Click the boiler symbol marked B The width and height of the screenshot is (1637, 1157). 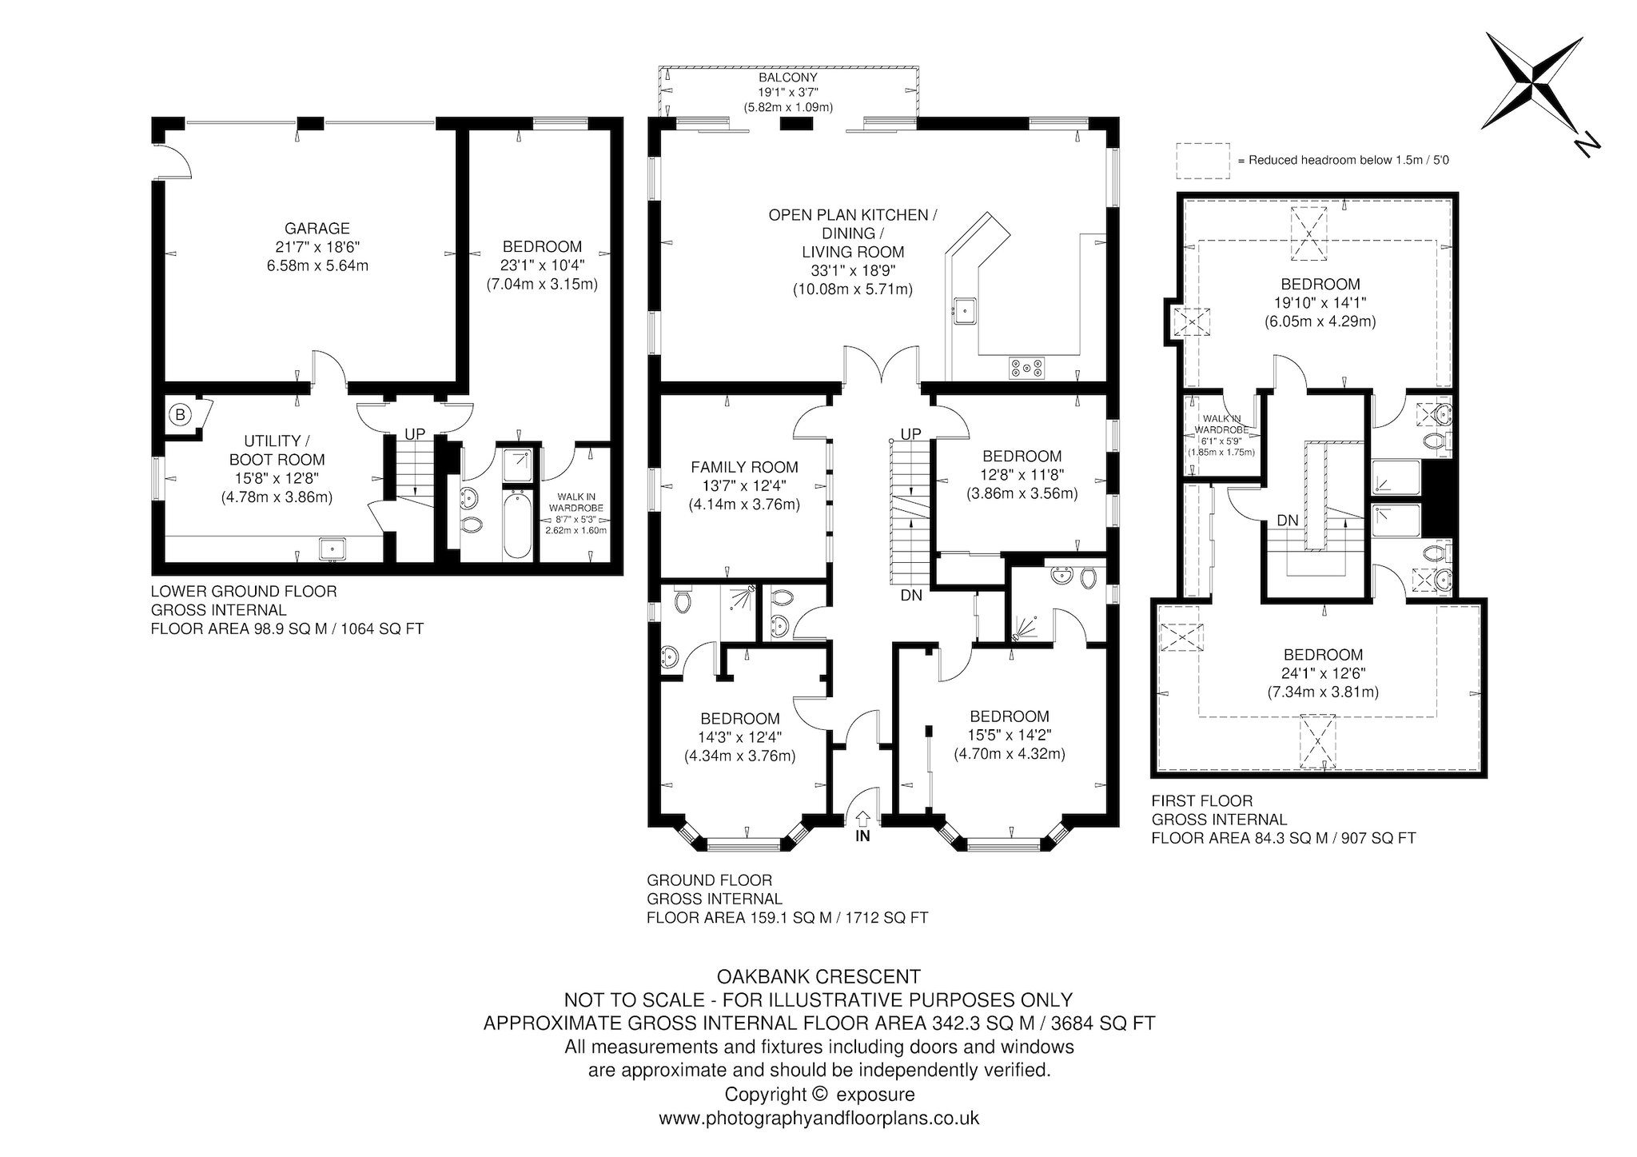(x=181, y=414)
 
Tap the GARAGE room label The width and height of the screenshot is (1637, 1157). (x=317, y=229)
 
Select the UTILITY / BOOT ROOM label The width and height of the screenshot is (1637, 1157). (x=277, y=450)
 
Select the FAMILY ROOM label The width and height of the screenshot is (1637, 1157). (x=744, y=468)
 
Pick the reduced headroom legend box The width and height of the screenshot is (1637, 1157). (x=1203, y=160)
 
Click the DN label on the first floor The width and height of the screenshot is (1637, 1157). (x=1287, y=521)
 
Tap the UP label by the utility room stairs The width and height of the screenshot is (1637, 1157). (x=415, y=434)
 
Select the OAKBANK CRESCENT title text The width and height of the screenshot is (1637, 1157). (x=818, y=976)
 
